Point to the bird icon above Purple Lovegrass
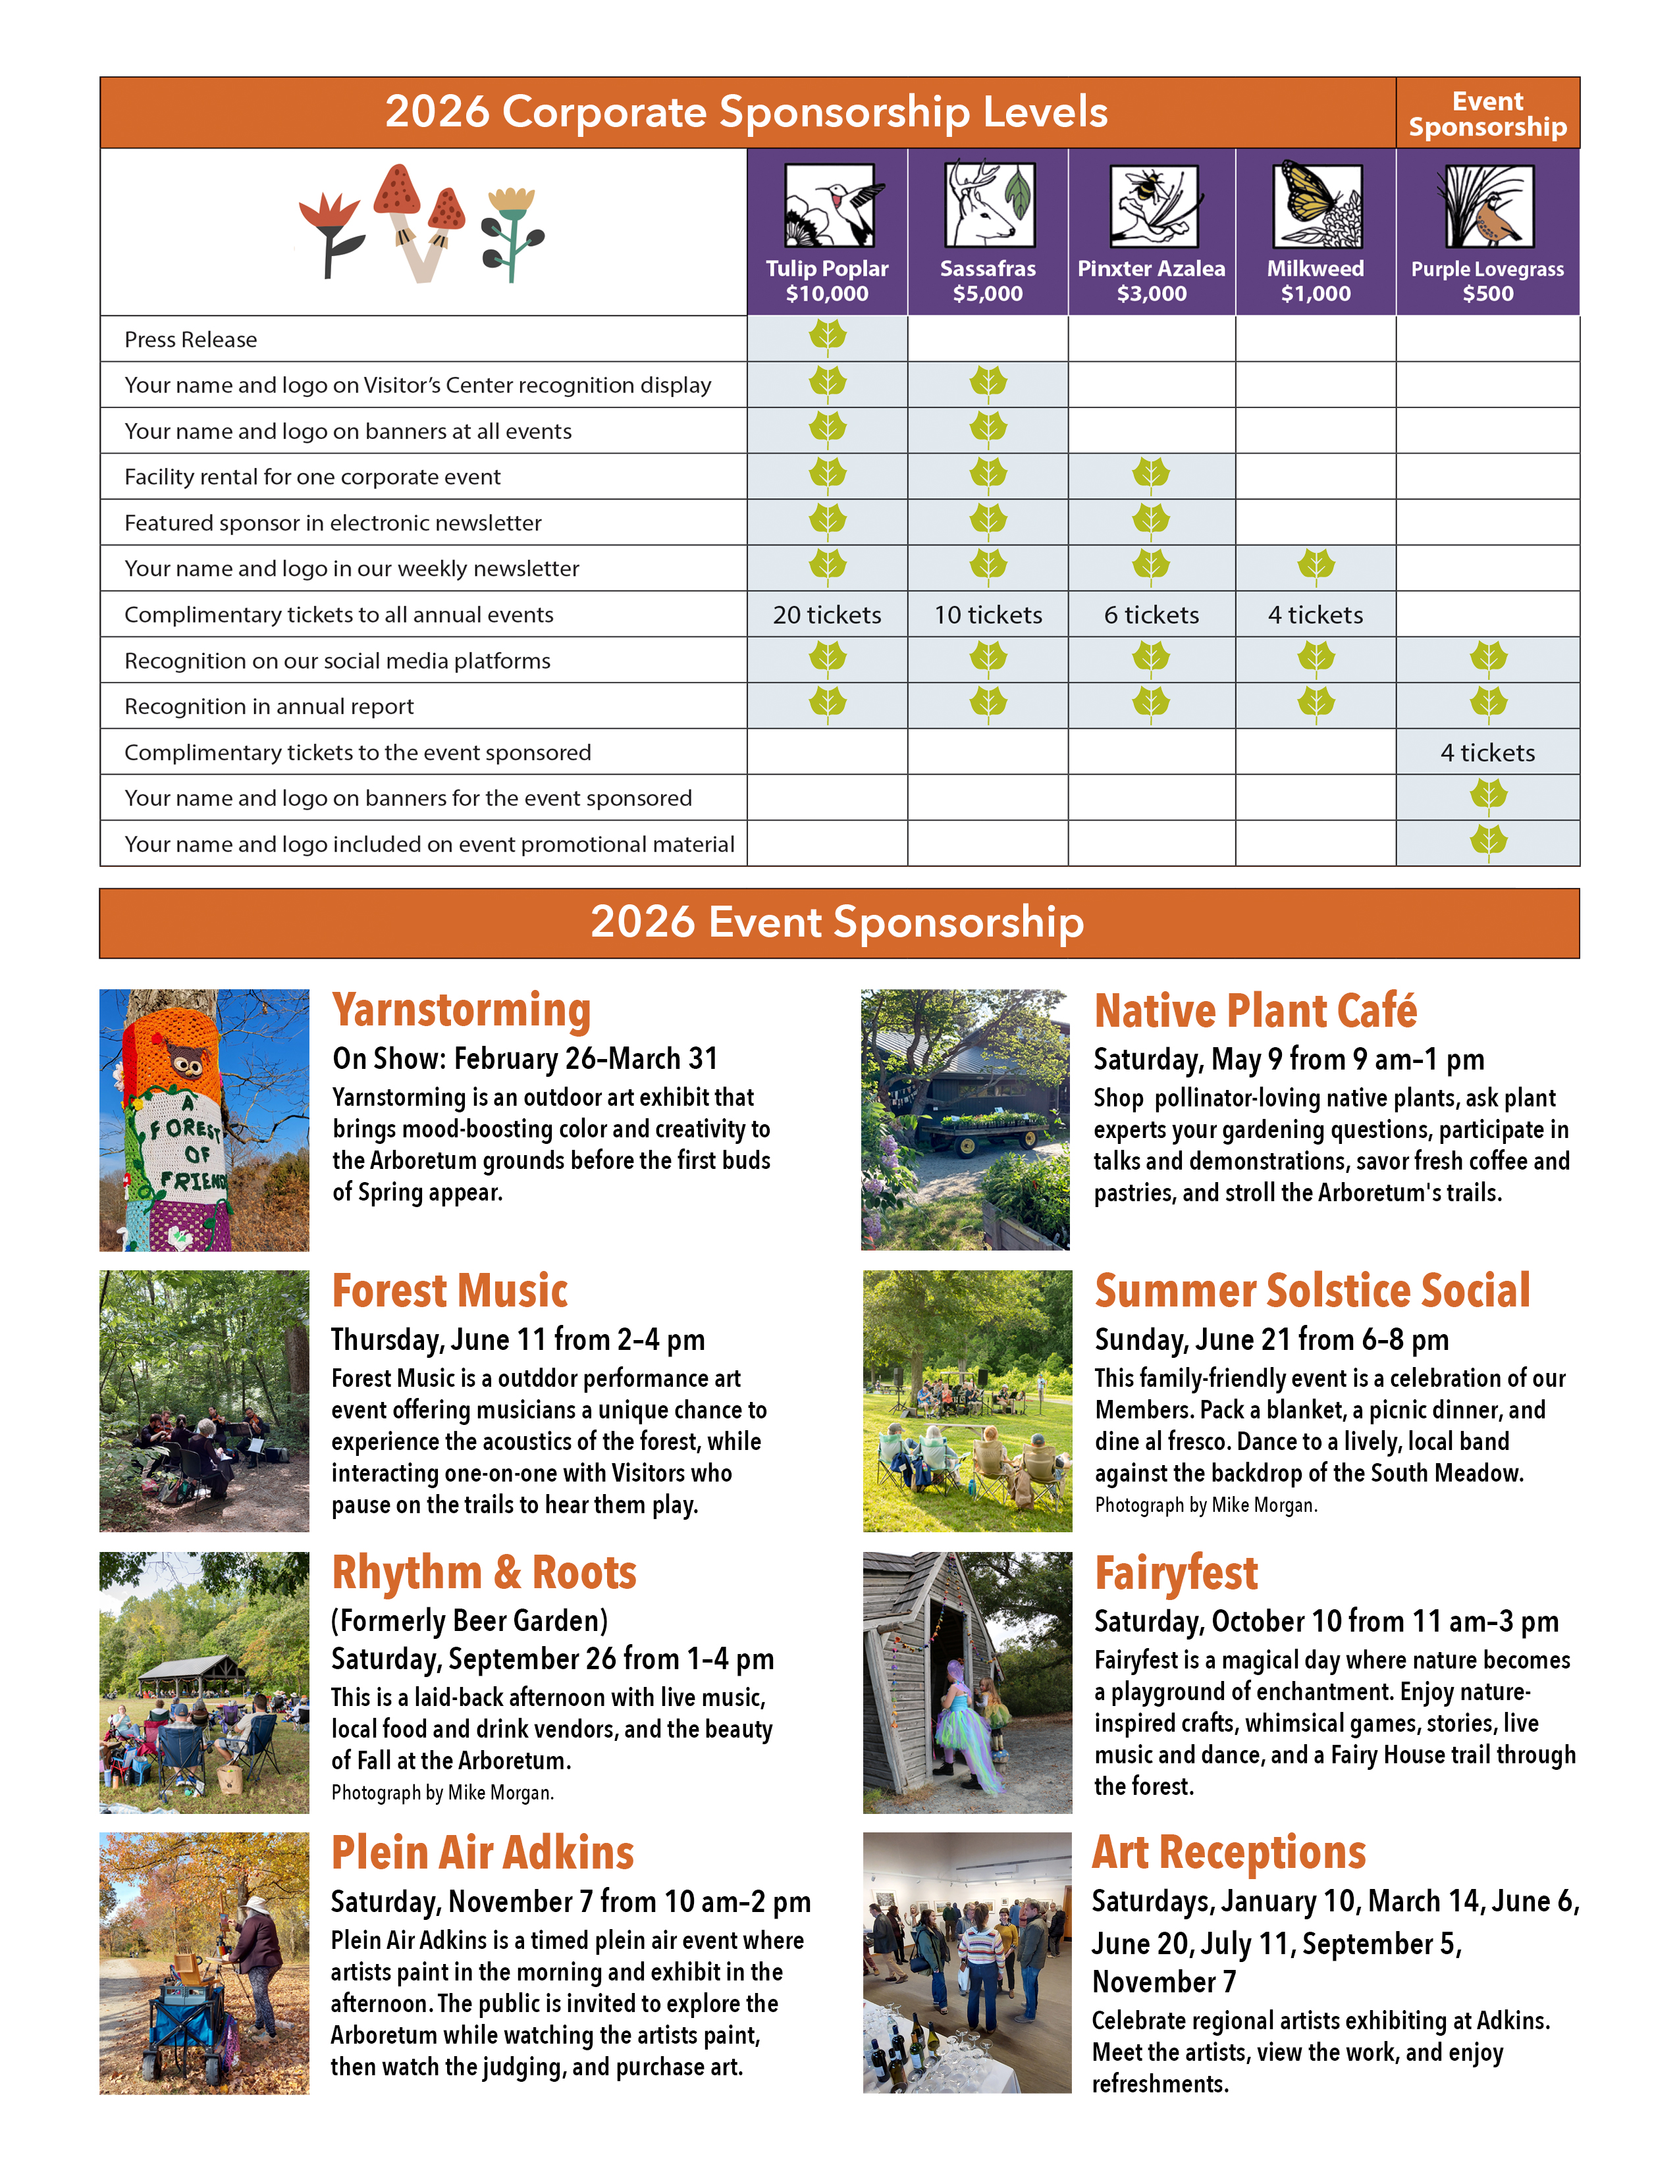coord(1487,206)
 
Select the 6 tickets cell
coord(1151,615)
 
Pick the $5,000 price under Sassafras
coord(987,294)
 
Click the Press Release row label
coord(191,340)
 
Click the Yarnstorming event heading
coord(462,1010)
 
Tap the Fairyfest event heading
coord(1176,1573)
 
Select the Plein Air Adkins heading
coord(483,1853)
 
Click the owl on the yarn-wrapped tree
coord(186,1062)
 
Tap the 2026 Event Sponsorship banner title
coord(838,922)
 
